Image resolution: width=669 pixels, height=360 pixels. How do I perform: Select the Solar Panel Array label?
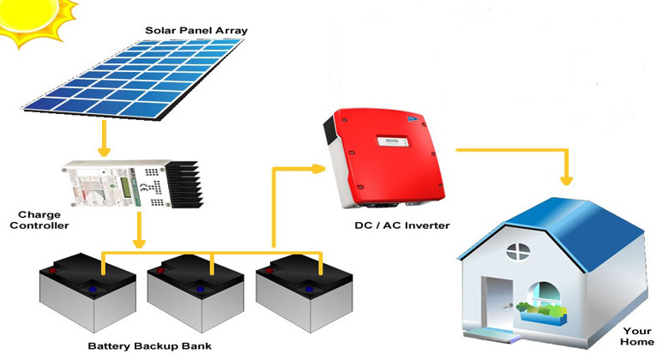tap(196, 31)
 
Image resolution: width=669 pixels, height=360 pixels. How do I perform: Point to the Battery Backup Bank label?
tap(150, 346)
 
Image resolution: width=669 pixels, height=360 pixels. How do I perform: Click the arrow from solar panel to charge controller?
tap(103, 137)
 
